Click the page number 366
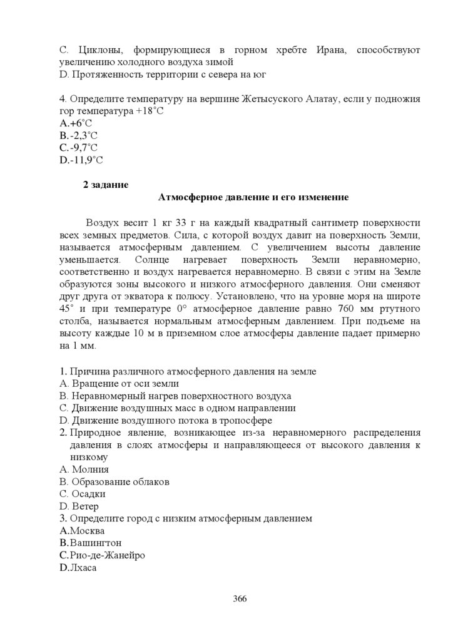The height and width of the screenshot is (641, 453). (x=240, y=598)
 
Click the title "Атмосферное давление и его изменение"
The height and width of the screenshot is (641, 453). (x=253, y=197)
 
